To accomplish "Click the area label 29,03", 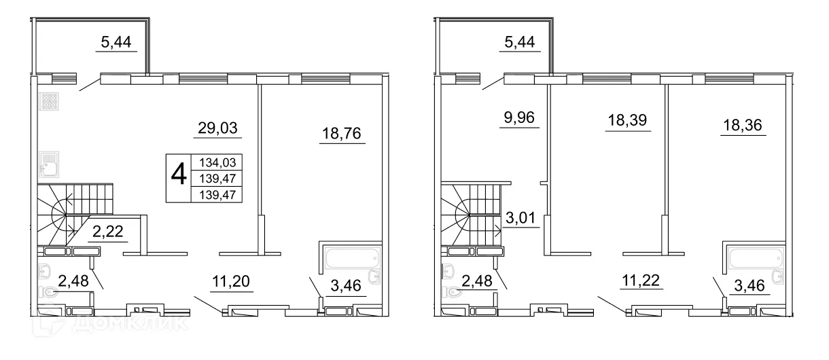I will pyautogui.click(x=218, y=127).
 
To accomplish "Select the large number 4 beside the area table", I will pyautogui.click(x=179, y=175).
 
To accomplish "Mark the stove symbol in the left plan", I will pyautogui.click(x=48, y=101).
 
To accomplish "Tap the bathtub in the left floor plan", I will pyautogui.click(x=349, y=259).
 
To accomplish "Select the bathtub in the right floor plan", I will pyautogui.click(x=752, y=259).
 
